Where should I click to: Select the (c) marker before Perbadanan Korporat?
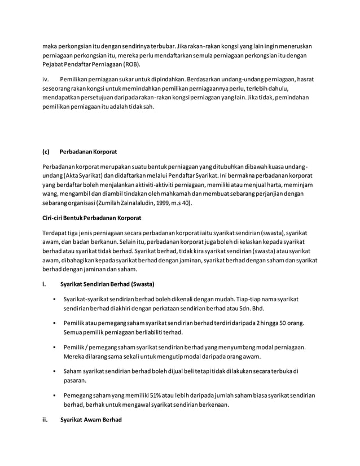[x=46, y=151]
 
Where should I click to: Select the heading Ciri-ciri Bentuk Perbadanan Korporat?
[x=91, y=217]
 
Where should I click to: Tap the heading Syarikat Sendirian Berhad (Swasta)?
[x=107, y=283]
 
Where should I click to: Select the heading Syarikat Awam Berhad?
[x=91, y=419]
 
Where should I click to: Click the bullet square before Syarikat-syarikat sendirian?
[x=52, y=298]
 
